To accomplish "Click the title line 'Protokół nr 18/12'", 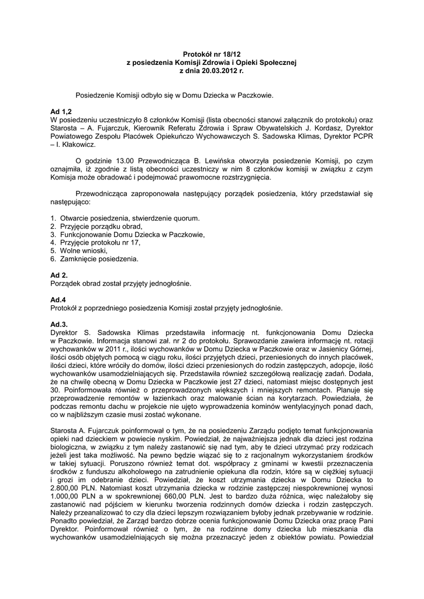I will coord(212,53).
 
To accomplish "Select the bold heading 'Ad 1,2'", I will coord(61,111).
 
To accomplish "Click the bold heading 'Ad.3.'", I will coord(60,323).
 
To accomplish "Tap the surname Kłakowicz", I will coord(75,144).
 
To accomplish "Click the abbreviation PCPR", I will coord(363,136).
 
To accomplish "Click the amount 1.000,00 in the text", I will coord(67,494).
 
